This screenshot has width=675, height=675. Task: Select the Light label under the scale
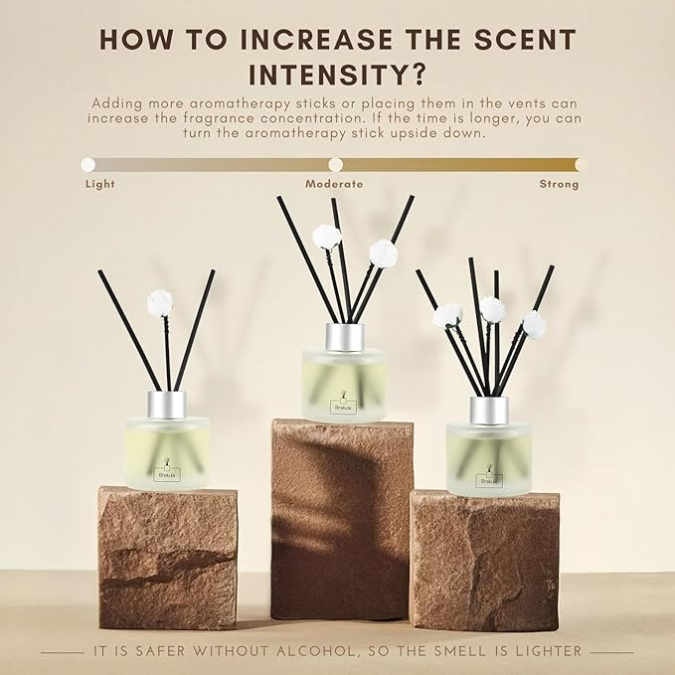(100, 184)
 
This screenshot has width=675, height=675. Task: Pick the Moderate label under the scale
(334, 184)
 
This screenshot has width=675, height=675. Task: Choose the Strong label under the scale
(559, 184)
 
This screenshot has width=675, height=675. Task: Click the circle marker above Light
(88, 164)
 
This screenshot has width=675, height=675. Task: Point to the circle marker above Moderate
(335, 164)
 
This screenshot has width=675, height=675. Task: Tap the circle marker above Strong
(581, 164)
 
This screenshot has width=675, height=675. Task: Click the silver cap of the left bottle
(166, 404)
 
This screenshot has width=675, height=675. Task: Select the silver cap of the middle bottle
(344, 336)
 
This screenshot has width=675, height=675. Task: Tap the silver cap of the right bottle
(489, 411)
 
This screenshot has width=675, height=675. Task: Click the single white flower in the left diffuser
(159, 302)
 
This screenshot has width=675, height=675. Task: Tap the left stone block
(167, 557)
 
